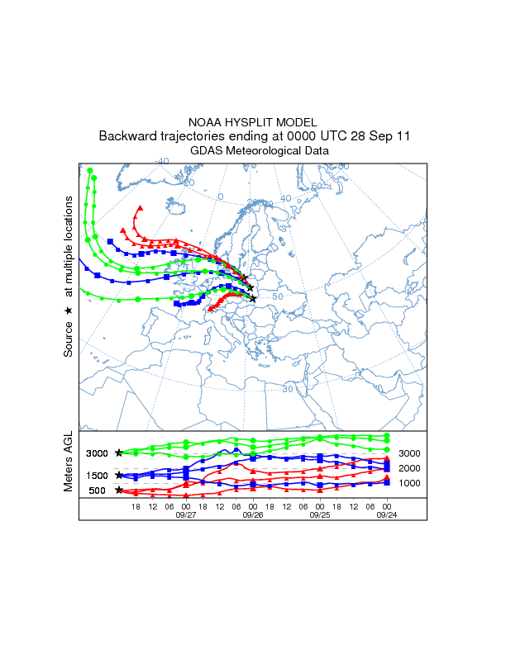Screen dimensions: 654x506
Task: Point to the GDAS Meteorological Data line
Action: tap(253, 151)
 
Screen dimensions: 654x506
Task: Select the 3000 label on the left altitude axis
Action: tap(98, 453)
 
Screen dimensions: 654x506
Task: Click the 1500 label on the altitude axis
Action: tap(98, 476)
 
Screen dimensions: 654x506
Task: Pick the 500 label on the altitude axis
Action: tap(98, 490)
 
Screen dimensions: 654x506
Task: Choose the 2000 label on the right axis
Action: tap(409, 468)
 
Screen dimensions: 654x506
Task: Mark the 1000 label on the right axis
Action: tap(409, 483)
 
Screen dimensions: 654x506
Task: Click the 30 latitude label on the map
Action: tap(288, 388)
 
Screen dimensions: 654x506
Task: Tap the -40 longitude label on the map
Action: tap(162, 161)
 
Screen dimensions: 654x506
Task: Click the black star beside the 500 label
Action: tap(119, 490)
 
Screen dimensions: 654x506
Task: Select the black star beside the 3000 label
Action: tap(119, 453)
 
